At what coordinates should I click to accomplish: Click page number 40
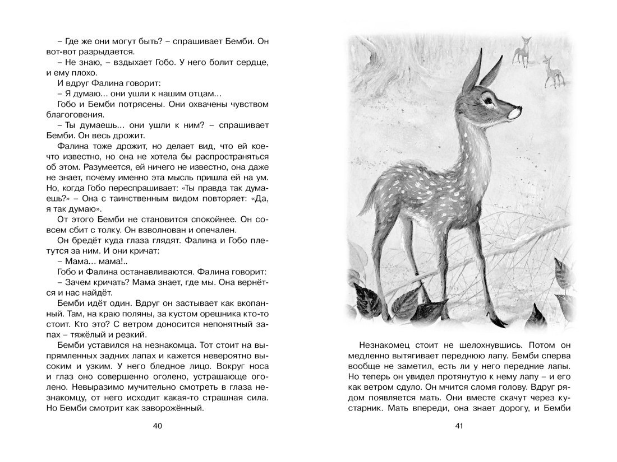157,427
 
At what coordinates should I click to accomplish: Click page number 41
459,427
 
